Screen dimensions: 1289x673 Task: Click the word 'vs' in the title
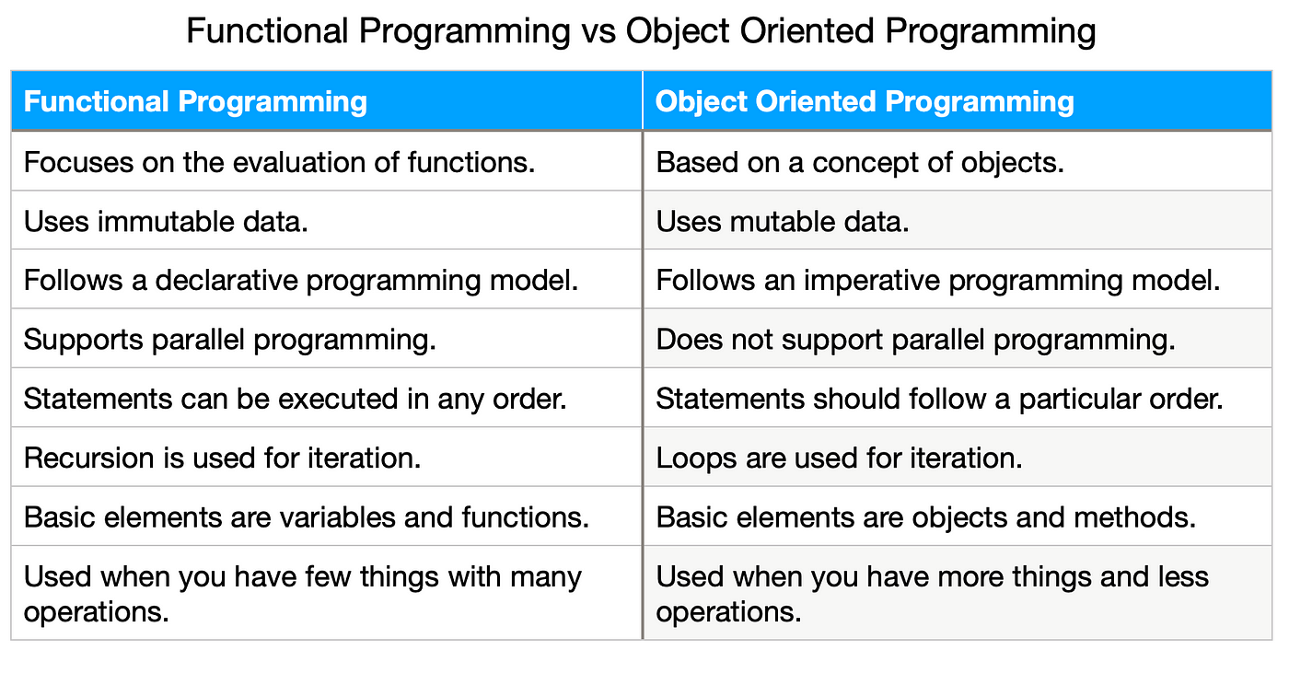pyautogui.click(x=598, y=31)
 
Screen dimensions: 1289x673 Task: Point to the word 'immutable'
pyautogui.click(x=166, y=222)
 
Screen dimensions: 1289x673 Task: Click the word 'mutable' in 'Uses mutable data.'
pyautogui.click(x=782, y=222)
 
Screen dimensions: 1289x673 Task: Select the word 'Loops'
pyautogui.click(x=696, y=458)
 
